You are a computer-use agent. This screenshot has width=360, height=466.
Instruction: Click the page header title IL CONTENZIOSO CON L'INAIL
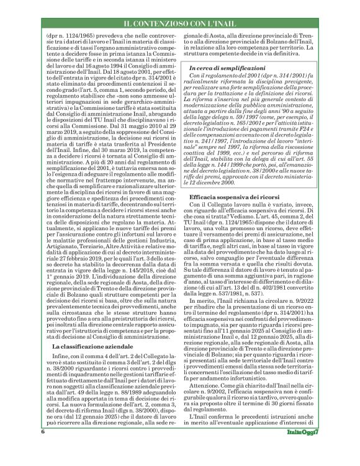(179, 24)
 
